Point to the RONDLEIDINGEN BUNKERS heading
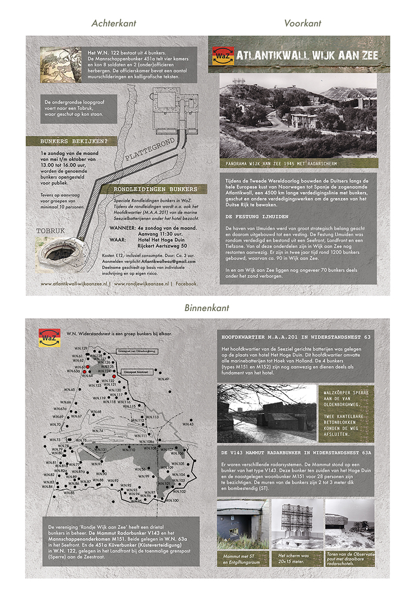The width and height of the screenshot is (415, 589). point(156,189)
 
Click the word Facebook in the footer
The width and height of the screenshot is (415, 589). point(187,284)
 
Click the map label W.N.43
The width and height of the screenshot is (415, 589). point(188,424)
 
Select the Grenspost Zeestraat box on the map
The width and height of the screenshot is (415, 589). point(134,371)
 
